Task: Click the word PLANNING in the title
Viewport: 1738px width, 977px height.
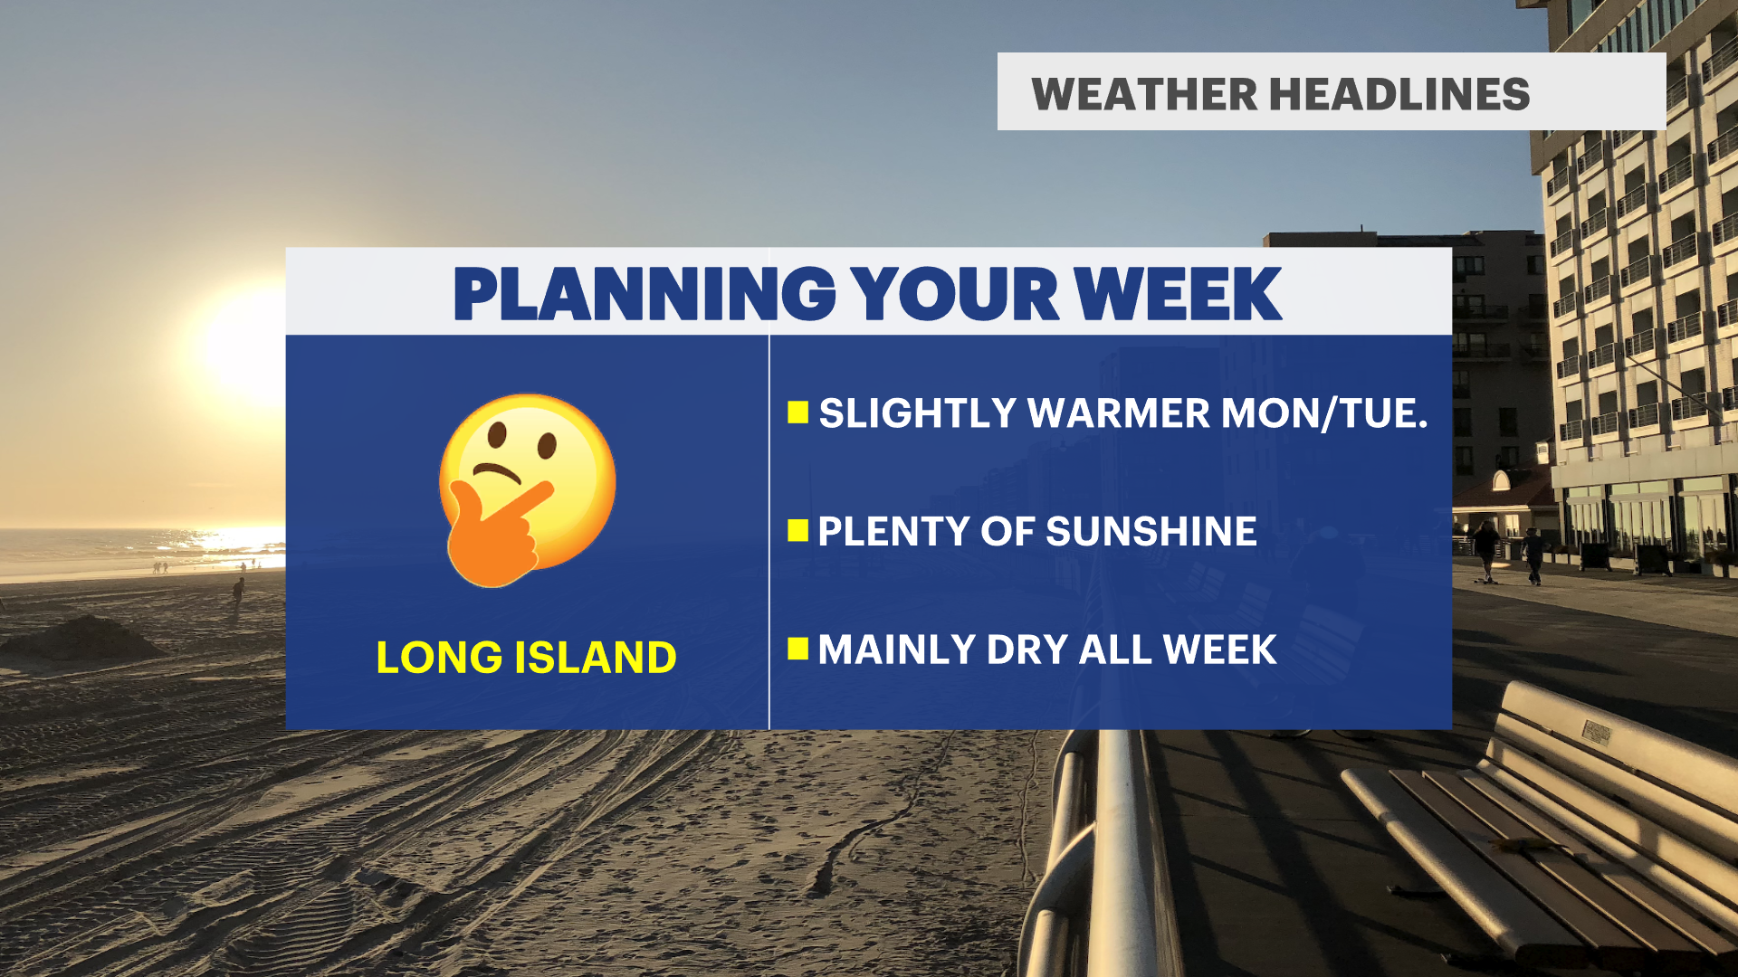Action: click(645, 294)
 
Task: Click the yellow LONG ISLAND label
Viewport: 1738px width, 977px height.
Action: click(526, 658)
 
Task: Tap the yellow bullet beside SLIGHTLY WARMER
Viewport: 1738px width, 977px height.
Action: click(797, 413)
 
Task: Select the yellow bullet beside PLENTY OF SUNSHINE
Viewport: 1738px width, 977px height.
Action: click(797, 530)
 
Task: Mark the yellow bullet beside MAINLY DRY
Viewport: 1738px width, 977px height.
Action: click(797, 649)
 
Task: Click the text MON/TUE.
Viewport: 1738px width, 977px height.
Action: click(1324, 413)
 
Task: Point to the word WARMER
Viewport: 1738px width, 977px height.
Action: click(1119, 413)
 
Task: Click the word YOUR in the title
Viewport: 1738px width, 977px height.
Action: click(955, 294)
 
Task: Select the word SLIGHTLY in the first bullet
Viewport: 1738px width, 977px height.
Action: click(918, 413)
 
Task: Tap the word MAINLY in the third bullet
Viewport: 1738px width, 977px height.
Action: click(897, 650)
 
